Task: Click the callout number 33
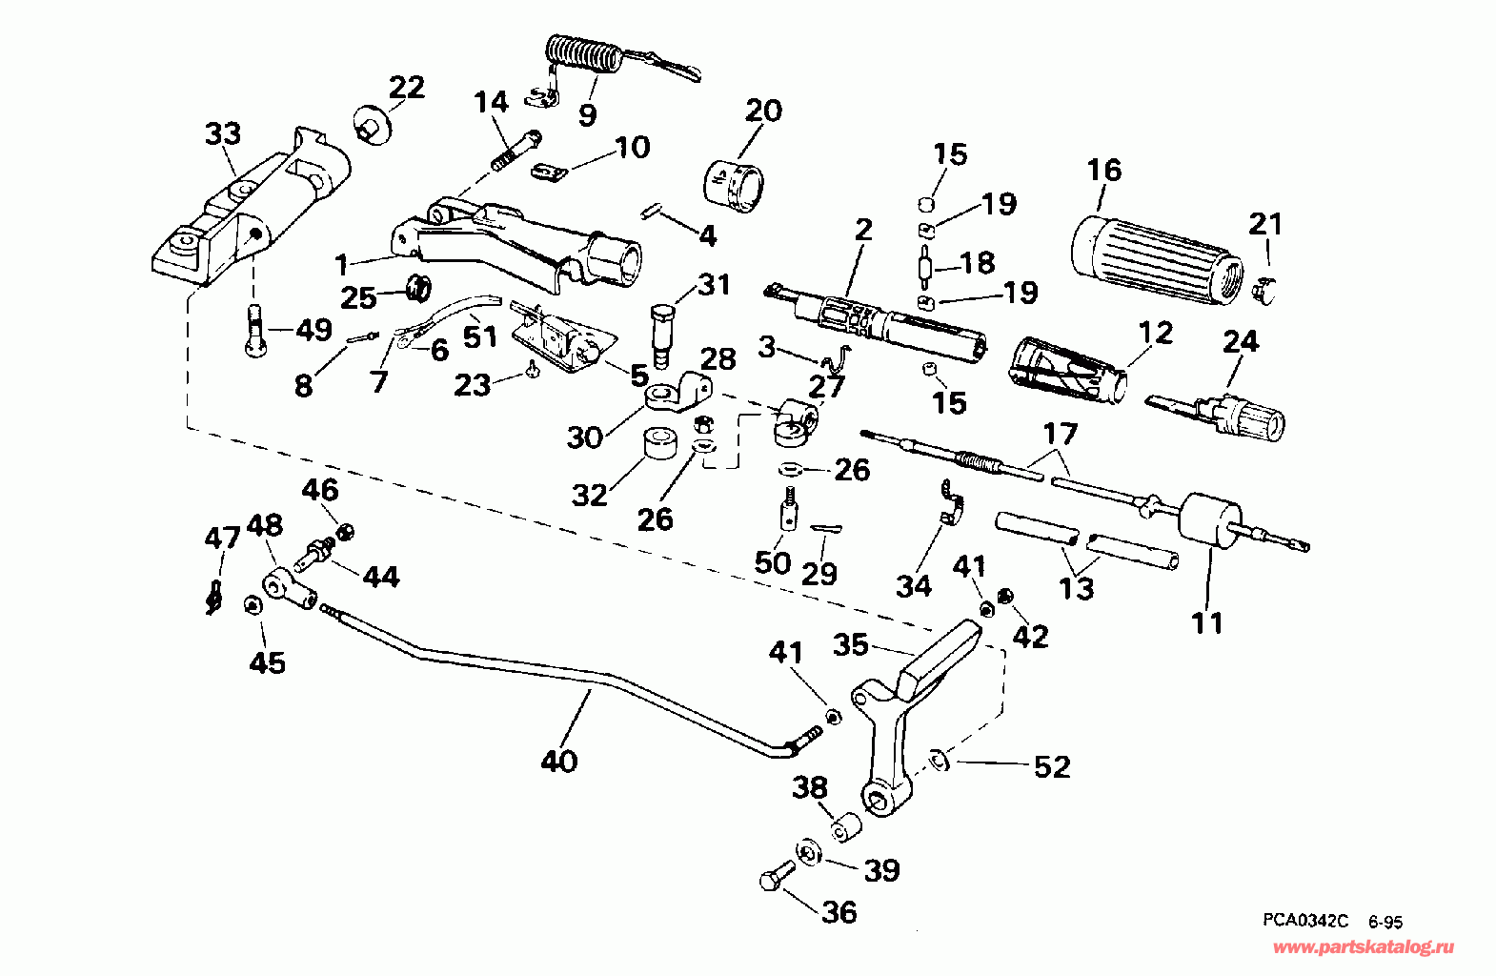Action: click(x=223, y=134)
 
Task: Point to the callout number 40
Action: click(x=559, y=761)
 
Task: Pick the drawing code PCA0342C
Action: click(x=1305, y=921)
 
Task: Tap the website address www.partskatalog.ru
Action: click(x=1364, y=947)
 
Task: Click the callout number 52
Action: click(x=1052, y=766)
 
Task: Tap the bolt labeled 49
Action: click(x=255, y=330)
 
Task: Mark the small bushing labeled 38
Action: click(x=846, y=827)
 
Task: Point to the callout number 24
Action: click(x=1241, y=342)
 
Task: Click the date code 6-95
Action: click(x=1385, y=922)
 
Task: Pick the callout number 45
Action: click(x=267, y=662)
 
